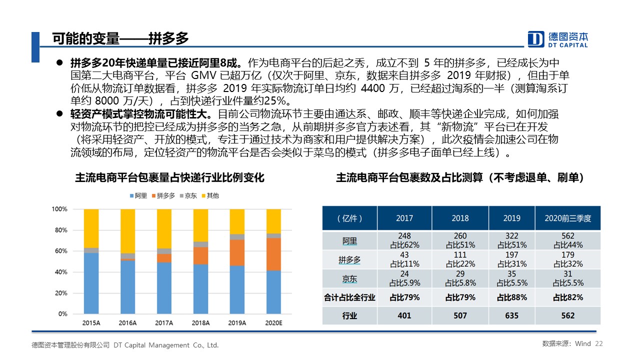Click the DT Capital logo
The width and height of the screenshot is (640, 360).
coord(558,39)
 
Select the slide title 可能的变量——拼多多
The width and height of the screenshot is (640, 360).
coord(120,38)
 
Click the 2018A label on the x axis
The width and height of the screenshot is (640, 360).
coord(200,323)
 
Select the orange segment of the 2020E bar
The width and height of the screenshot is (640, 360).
coord(273,254)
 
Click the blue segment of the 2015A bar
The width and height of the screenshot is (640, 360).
coord(91,283)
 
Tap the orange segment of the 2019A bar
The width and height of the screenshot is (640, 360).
coord(237,252)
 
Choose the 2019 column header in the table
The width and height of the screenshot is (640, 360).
coord(511,218)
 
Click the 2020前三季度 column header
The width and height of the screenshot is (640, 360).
coord(567,218)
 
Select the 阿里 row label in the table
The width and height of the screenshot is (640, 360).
coord(349,241)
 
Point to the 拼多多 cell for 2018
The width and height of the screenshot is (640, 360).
coord(460,260)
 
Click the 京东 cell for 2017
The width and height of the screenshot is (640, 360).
coord(404,278)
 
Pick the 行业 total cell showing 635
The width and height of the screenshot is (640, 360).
coord(511,315)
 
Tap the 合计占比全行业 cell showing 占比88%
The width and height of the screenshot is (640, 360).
coord(511,297)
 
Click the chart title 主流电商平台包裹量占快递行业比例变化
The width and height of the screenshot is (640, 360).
coord(169,177)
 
